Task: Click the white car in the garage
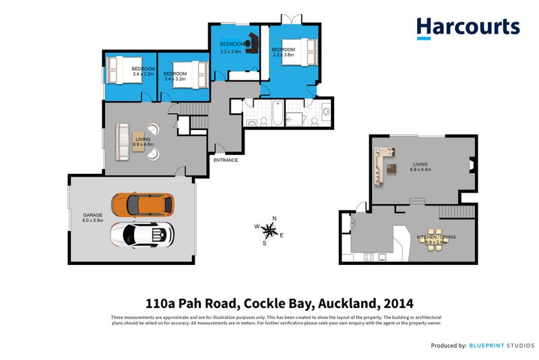click(x=142, y=234)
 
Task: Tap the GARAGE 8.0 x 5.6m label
click(x=93, y=218)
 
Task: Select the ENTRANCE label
click(x=225, y=160)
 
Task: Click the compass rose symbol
click(x=269, y=231)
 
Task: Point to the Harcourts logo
click(x=468, y=28)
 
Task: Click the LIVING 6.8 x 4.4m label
click(x=420, y=167)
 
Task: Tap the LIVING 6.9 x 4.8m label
click(x=144, y=142)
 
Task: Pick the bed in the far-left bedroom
click(x=119, y=70)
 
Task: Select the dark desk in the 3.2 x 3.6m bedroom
click(x=253, y=42)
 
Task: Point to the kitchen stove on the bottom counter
click(x=368, y=257)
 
